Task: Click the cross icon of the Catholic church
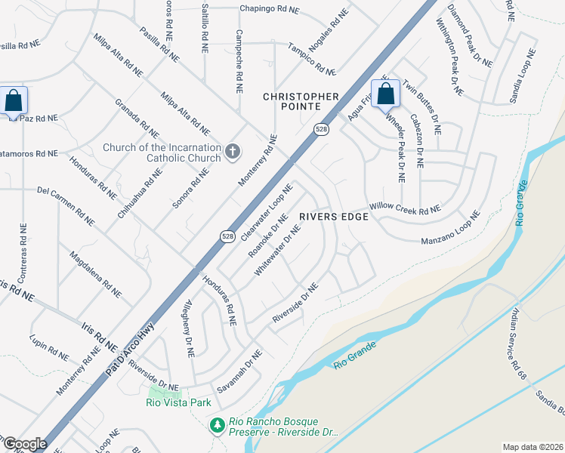pos(233,151)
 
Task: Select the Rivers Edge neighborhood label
pos(333,217)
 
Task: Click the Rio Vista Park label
pos(178,402)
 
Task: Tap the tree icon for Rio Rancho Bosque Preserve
pos(218,426)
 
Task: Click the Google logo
pos(25,444)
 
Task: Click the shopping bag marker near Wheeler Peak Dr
pos(385,96)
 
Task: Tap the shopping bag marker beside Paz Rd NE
pos(14,100)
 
